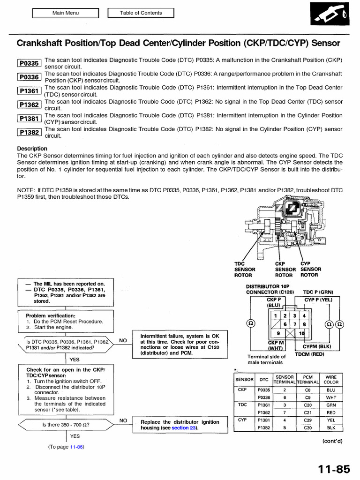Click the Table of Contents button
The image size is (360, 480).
tap(141, 13)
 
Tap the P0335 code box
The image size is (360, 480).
tap(29, 63)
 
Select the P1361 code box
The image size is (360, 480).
tap(29, 91)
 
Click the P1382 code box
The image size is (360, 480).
tap(29, 133)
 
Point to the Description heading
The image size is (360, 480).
tap(32, 149)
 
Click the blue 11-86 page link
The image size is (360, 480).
tap(76, 447)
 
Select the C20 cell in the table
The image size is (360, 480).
tap(307, 405)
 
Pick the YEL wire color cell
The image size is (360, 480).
tap(331, 420)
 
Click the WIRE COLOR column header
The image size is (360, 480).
tap(331, 379)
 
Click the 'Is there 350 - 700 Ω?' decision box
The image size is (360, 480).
tap(66, 425)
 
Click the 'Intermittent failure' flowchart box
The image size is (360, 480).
tap(176, 345)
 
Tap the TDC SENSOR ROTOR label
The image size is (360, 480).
tap(245, 270)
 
